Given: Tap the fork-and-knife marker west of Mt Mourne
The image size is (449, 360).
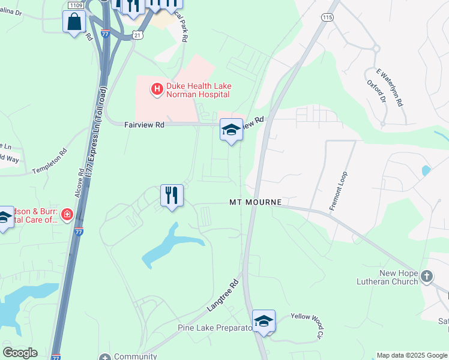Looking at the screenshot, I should [x=172, y=196].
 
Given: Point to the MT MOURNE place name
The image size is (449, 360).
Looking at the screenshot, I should [x=256, y=202].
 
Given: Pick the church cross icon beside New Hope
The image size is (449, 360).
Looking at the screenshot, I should [x=427, y=277].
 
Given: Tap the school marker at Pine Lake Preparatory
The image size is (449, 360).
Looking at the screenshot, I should [x=264, y=321].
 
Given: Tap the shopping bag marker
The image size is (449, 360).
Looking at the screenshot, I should [x=74, y=22].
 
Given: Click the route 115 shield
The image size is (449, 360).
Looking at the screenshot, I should [x=327, y=18].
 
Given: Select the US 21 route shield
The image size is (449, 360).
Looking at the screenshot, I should [x=137, y=36].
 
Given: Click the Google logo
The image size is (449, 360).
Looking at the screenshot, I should [x=20, y=353].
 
